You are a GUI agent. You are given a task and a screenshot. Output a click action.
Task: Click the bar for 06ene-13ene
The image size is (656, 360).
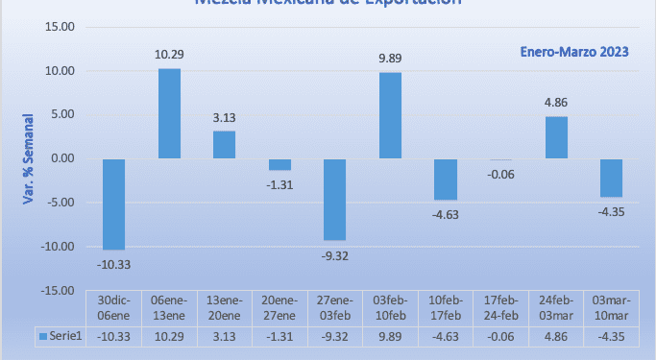169,113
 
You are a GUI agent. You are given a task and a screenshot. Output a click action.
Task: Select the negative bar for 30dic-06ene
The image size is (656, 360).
113,204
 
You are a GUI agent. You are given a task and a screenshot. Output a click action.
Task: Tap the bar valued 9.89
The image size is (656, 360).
390,115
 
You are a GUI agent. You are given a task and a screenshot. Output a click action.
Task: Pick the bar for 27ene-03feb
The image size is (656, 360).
334,199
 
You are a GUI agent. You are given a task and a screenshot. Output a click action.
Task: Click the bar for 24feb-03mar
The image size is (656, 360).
556,137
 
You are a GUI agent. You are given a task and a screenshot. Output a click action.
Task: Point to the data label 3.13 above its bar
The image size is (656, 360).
224,118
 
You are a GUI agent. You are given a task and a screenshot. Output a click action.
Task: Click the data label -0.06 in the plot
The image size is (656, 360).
500,174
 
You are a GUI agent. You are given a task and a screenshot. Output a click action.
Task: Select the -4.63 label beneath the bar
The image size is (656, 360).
445,214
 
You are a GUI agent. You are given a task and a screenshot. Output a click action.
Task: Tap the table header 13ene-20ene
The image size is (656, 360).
224,306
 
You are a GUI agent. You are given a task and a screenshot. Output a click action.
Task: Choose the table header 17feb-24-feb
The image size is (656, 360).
500,306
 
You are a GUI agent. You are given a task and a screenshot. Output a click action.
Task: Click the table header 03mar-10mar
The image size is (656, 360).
612,306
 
